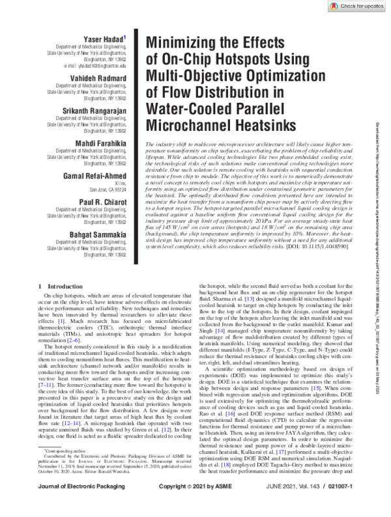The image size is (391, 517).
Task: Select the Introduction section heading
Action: [x=63, y=286]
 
